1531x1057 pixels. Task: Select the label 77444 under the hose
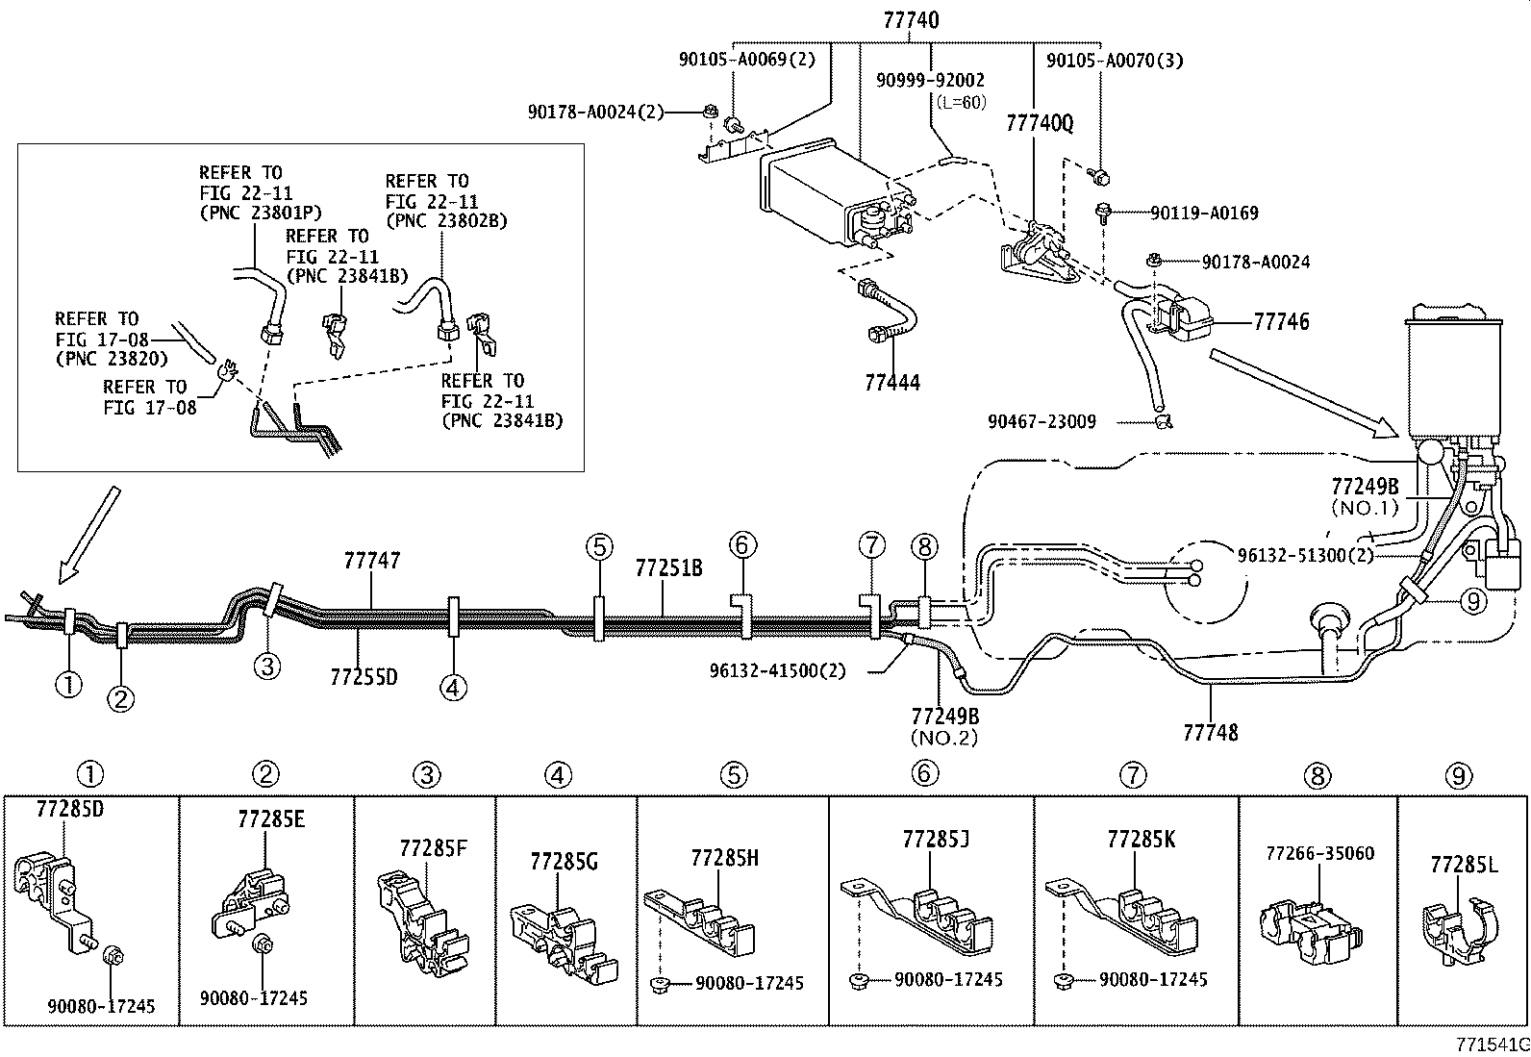click(x=891, y=383)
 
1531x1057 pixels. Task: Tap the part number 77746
click(x=1281, y=322)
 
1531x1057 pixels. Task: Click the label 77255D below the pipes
click(x=364, y=677)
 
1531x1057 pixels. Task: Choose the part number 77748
click(x=1210, y=733)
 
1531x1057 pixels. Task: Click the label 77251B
click(x=668, y=567)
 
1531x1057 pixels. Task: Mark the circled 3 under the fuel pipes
click(x=267, y=666)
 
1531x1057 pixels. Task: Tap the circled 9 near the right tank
click(x=1472, y=601)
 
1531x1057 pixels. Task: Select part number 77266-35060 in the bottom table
click(x=1319, y=854)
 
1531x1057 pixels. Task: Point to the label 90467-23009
click(x=1041, y=421)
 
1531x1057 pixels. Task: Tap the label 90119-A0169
click(x=1203, y=213)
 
